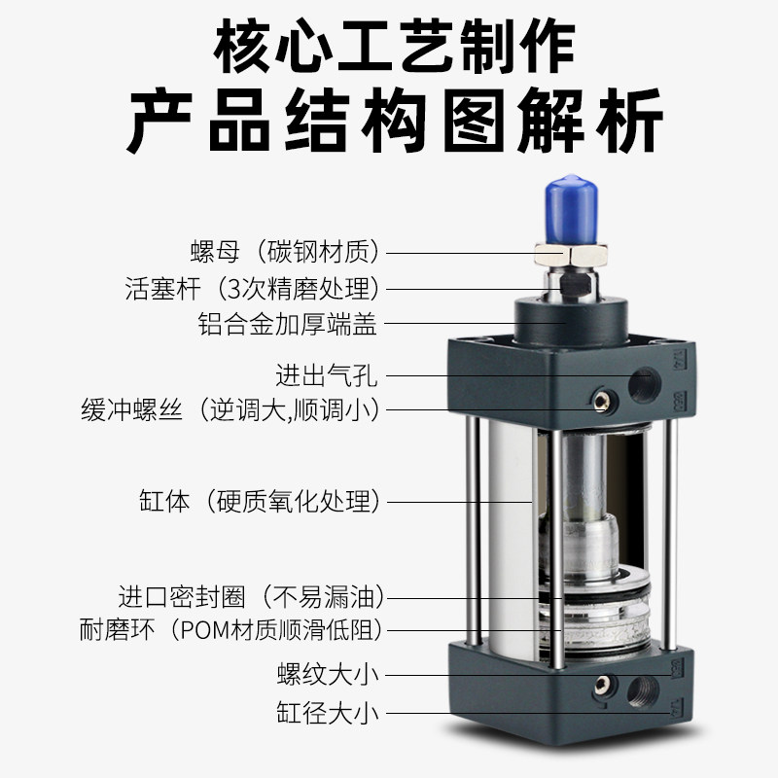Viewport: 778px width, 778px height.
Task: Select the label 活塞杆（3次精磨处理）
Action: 252,289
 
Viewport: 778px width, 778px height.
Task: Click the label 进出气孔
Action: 325,373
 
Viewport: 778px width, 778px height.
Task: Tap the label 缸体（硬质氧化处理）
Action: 259,503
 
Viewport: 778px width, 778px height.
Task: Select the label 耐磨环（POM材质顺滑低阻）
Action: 230,629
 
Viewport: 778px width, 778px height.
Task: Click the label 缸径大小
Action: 325,714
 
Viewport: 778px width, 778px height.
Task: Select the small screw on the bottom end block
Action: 601,683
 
